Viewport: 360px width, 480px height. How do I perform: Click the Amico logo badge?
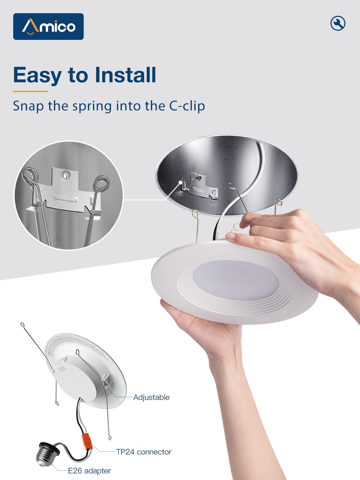pos(48,26)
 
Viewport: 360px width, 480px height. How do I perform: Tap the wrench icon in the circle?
pos(338,23)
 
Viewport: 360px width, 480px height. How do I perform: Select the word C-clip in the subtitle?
pos(187,106)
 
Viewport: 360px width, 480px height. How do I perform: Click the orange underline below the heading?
pos(30,91)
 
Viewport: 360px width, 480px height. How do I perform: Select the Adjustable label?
pos(151,397)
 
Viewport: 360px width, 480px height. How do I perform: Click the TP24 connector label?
pos(144,452)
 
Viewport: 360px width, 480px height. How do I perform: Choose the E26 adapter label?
pos(89,471)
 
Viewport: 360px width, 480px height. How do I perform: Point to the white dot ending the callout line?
pos(181,182)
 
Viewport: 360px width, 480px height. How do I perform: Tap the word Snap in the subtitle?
pos(28,106)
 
